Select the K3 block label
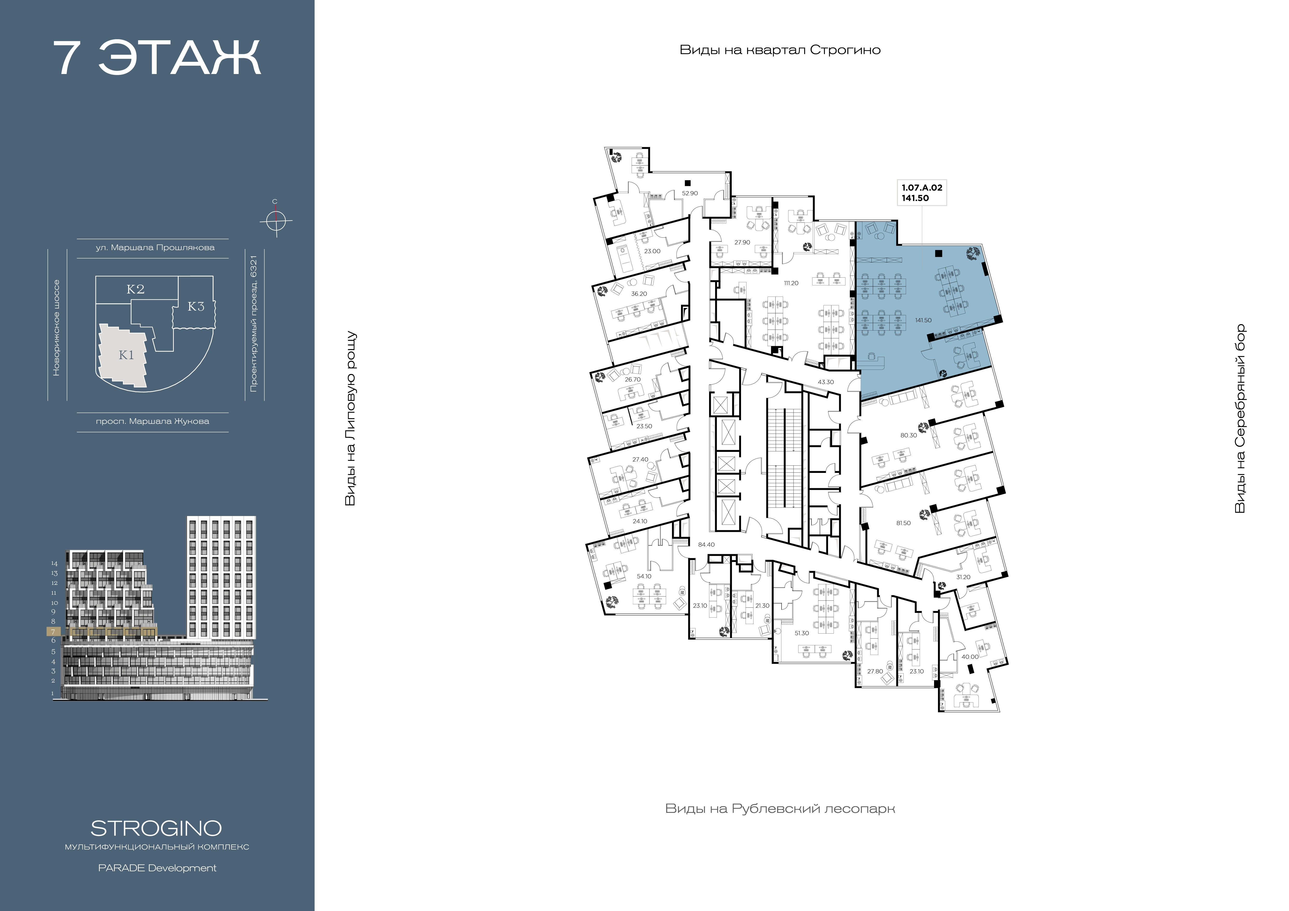(196, 306)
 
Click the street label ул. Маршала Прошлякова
(155, 247)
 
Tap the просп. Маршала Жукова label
(153, 421)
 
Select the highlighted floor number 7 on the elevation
(53, 632)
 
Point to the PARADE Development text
(157, 868)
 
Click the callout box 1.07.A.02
(922, 193)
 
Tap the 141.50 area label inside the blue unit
(923, 320)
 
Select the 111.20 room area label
(791, 283)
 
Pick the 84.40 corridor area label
(706, 545)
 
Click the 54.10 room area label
(644, 576)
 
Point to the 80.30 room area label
(908, 435)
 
